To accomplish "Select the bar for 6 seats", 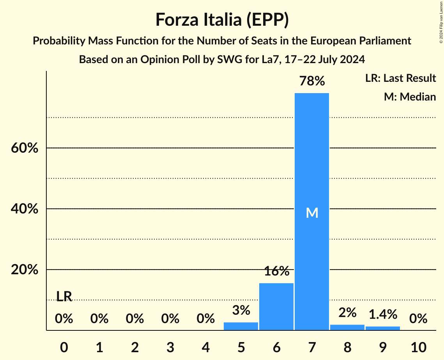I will pyautogui.click(x=276, y=307).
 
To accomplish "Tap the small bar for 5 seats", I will pyautogui.click(x=241, y=326).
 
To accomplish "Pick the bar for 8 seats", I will pyautogui.click(x=347, y=327).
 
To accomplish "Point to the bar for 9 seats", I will pyautogui.click(x=382, y=328).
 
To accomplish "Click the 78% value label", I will pyautogui.click(x=311, y=81).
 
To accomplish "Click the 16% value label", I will pyautogui.click(x=276, y=271).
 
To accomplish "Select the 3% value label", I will pyautogui.click(x=241, y=310).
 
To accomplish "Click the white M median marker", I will pyautogui.click(x=312, y=213).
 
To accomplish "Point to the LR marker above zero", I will pyautogui.click(x=64, y=296).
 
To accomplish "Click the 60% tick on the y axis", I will pyautogui.click(x=25, y=148).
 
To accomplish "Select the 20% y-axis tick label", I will pyautogui.click(x=25, y=270).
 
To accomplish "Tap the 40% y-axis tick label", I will pyautogui.click(x=25, y=209).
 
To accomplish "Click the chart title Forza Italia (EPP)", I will pyautogui.click(x=222, y=19).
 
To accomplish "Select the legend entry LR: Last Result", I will pyautogui.click(x=400, y=78).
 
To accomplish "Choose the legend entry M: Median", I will pyautogui.click(x=409, y=97).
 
